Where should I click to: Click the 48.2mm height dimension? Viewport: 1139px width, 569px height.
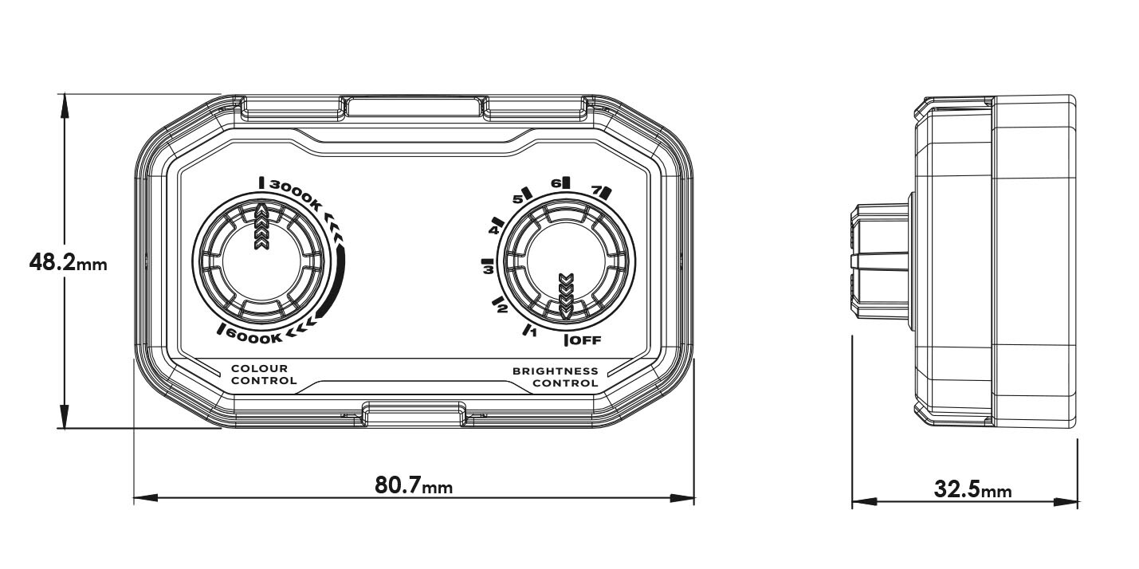pos(67,262)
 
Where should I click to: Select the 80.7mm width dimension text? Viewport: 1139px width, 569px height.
pos(414,485)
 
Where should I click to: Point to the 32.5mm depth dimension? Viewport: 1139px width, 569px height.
pos(972,489)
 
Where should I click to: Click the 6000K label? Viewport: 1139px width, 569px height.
pos(253,336)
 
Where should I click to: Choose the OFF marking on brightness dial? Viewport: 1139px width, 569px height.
pos(585,341)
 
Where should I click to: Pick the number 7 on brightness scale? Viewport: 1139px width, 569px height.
pos(595,190)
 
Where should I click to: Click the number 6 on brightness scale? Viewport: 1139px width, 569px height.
pos(556,182)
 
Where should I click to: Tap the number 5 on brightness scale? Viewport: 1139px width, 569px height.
pos(516,198)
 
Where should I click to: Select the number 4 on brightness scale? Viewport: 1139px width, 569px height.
pos(493,230)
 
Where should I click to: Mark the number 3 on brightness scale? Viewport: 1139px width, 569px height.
pos(486,270)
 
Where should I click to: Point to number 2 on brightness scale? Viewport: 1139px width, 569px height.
pos(503,308)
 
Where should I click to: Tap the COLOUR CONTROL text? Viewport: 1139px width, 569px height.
pos(264,375)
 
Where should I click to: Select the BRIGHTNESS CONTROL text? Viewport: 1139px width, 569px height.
pos(556,377)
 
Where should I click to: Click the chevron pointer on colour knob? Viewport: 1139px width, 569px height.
pos(261,228)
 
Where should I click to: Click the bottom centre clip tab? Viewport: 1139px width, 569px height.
pos(414,412)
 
